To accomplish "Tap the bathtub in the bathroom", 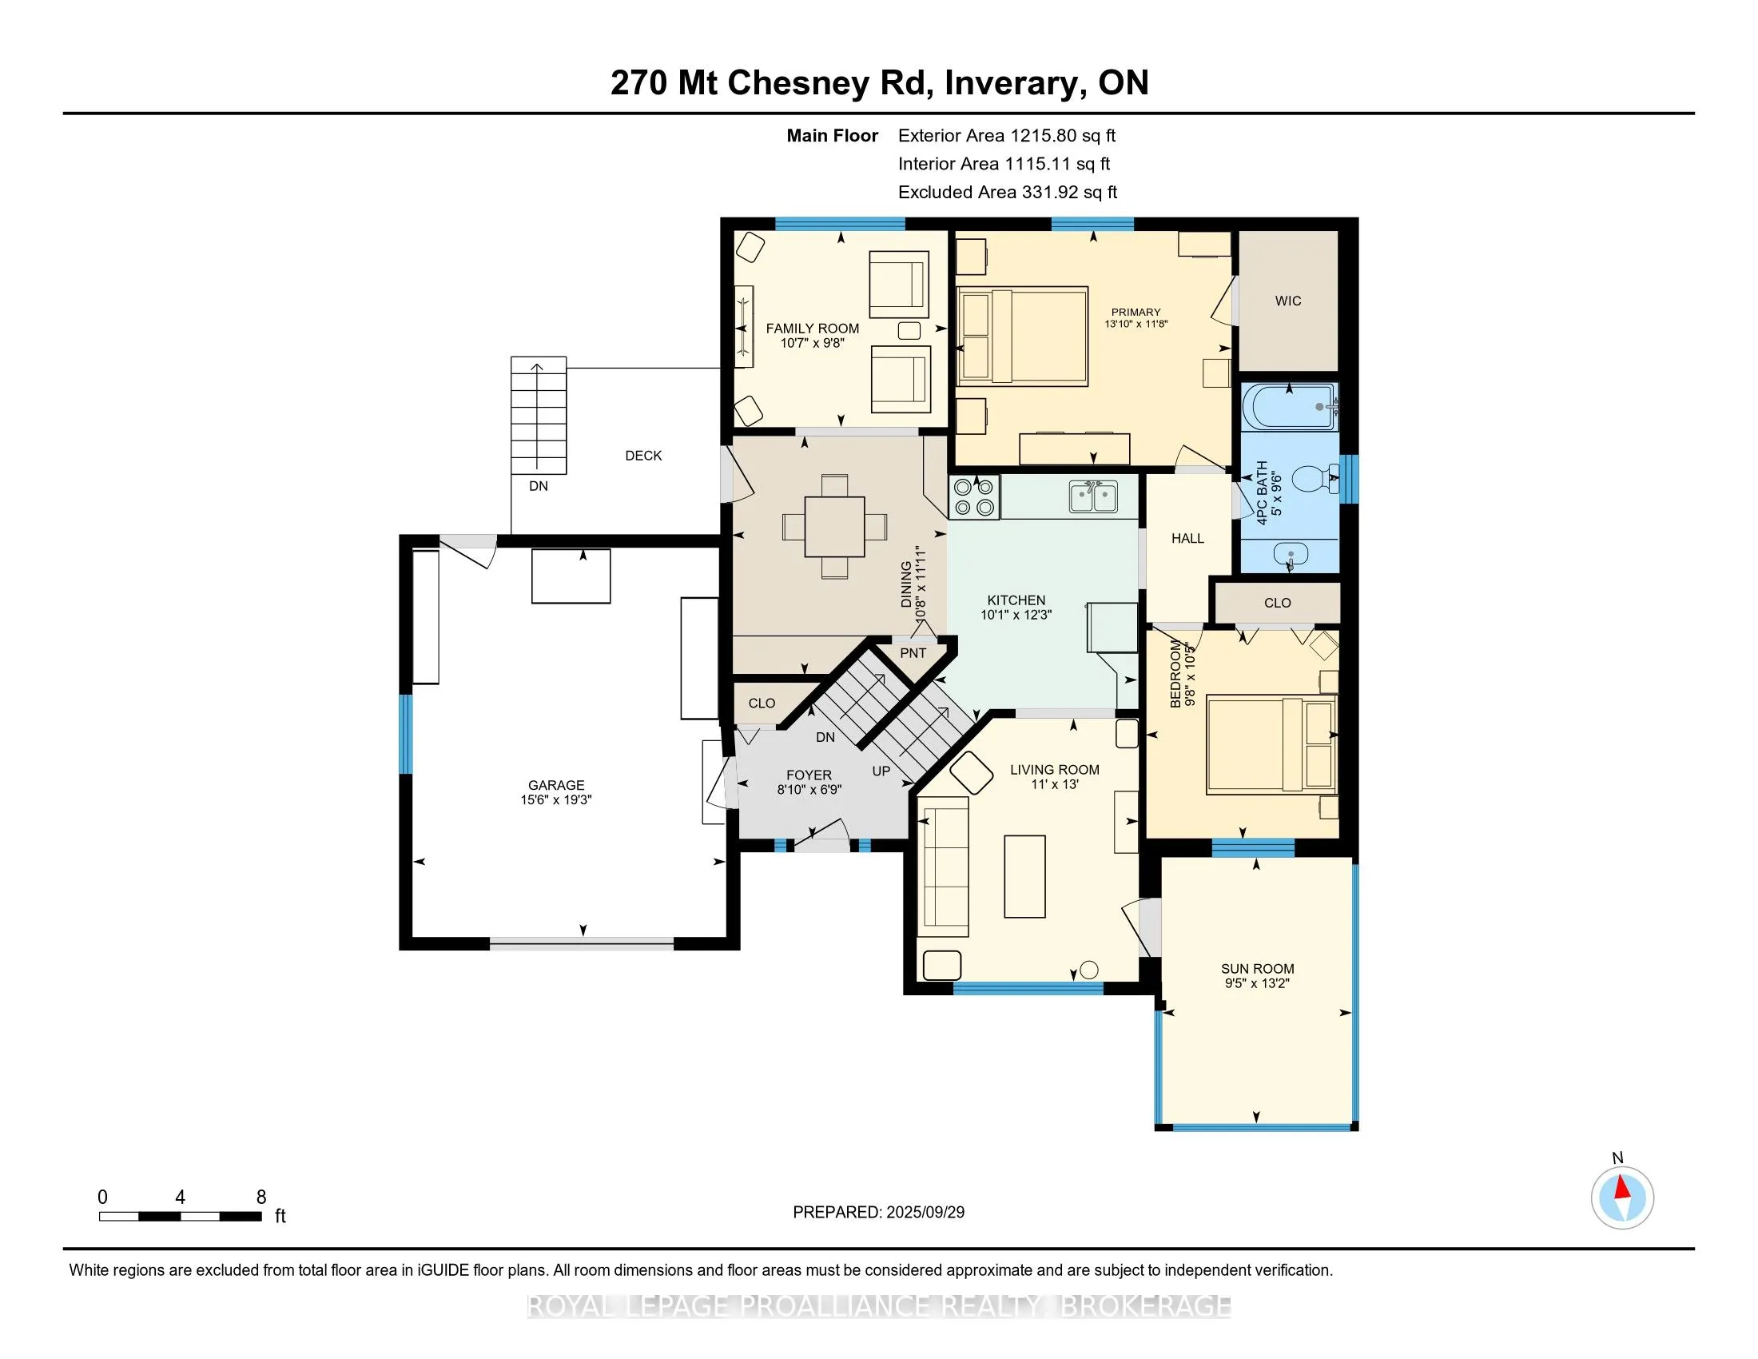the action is [x=1290, y=407].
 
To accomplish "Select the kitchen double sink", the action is [x=1093, y=496].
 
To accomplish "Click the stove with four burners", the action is [x=975, y=496].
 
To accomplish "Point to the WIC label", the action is [x=1288, y=301].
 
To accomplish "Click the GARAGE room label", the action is [x=556, y=785].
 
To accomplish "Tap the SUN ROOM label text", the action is [x=1257, y=970].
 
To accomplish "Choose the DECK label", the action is [x=643, y=456].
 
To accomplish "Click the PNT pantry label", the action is [x=913, y=653].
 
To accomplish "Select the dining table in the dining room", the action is [x=835, y=528].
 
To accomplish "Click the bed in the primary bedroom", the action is [x=1022, y=336].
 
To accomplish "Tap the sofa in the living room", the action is [x=944, y=867].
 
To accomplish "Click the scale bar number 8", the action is [x=261, y=1198].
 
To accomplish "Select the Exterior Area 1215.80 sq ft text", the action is [x=1007, y=135].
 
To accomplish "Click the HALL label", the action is [x=1187, y=539].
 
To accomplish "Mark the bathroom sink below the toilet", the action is [x=1291, y=555].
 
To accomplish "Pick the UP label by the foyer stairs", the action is [x=881, y=771].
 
